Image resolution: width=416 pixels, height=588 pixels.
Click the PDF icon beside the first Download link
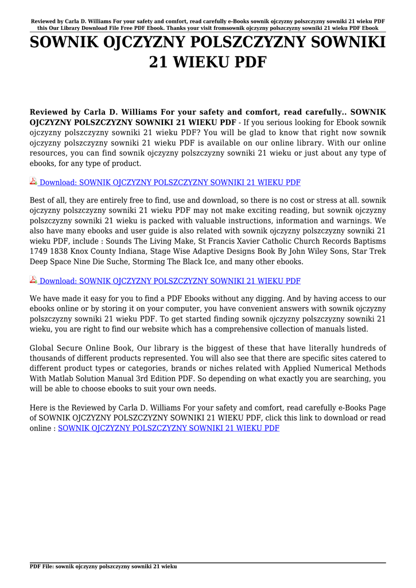point(33,182)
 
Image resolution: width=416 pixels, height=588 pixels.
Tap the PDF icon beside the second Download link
point(33,280)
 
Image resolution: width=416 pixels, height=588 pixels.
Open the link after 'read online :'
point(169,428)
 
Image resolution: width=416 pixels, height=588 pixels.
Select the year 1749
point(40,252)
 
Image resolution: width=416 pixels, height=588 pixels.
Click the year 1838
point(62,252)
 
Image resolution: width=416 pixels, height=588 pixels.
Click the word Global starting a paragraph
point(44,348)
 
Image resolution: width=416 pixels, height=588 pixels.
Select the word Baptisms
point(368,241)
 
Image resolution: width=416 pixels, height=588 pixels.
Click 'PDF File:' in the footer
point(42,566)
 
